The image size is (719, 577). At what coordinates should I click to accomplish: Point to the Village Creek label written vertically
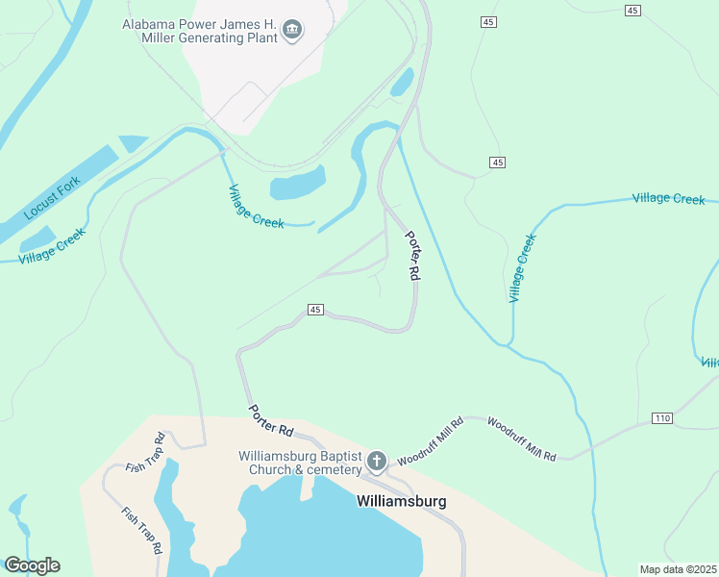[x=520, y=267]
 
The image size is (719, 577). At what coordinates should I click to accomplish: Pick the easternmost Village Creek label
[x=668, y=198]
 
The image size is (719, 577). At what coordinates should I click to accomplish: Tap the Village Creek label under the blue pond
[x=256, y=206]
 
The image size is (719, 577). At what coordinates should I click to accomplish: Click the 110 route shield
[x=660, y=418]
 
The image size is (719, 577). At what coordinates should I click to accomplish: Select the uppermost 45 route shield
[x=632, y=10]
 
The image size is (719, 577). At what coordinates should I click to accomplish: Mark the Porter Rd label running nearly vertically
[x=412, y=256]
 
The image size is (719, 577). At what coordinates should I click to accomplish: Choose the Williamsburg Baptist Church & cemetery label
[x=300, y=463]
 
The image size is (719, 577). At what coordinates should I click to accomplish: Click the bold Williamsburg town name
[x=401, y=501]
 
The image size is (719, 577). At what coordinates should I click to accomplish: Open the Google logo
[x=32, y=565]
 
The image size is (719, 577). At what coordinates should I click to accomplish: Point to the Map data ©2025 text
[x=679, y=569]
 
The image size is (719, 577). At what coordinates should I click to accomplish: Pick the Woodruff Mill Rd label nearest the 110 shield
[x=521, y=438]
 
